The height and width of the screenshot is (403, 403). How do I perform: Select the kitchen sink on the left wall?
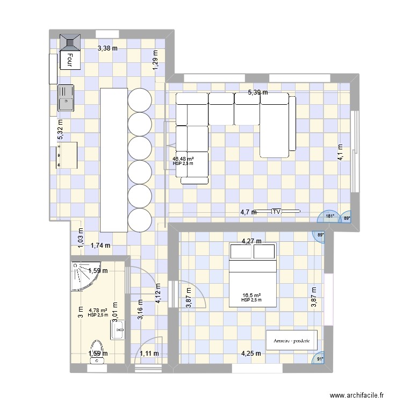66,97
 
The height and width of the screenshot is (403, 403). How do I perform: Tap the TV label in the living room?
277,212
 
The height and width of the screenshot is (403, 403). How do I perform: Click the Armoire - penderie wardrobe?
292,340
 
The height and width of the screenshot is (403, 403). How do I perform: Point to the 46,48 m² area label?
183,159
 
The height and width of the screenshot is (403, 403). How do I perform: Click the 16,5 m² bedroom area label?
251,296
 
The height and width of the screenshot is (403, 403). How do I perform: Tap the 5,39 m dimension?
257,93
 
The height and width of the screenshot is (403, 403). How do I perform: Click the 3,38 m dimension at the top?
107,48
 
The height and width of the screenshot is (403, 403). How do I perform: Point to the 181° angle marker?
330,216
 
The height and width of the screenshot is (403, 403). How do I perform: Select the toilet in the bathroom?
97,350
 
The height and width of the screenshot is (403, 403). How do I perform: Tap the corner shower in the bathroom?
81,274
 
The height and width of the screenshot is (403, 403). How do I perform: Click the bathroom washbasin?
118,328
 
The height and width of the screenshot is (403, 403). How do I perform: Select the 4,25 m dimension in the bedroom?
251,354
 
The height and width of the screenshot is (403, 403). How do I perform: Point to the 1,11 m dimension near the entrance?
150,354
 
